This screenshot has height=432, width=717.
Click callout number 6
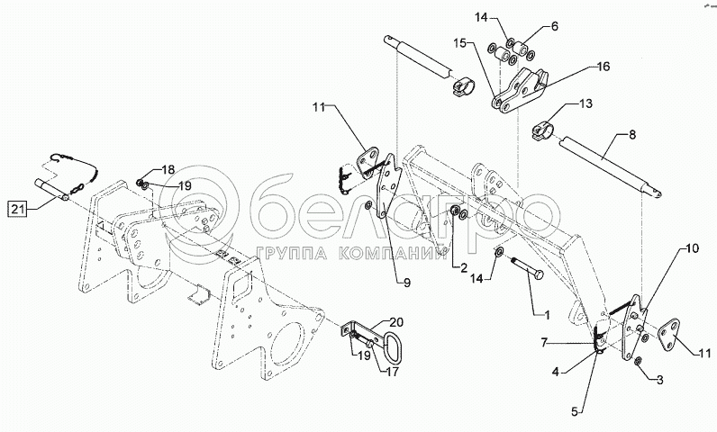pos(554,27)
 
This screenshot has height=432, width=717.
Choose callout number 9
pos(405,283)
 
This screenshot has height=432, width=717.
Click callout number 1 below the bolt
pos(547,317)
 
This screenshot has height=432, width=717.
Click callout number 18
pos(168,169)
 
